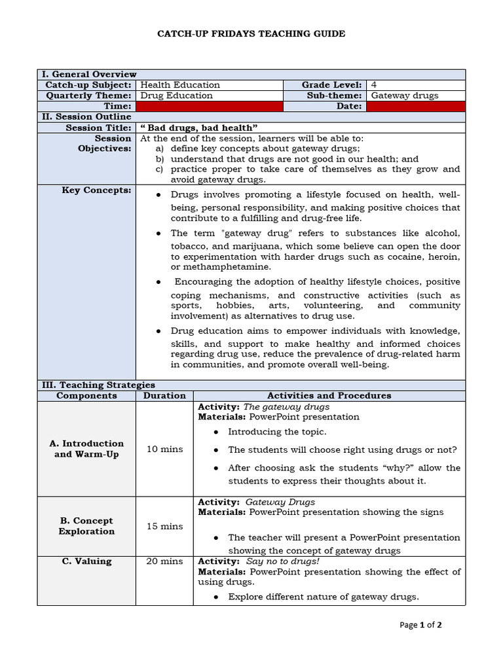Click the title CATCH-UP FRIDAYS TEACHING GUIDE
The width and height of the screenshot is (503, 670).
[251, 33]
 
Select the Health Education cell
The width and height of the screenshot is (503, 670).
[180, 85]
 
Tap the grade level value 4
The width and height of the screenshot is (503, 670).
[374, 85]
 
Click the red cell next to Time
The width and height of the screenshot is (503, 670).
[209, 106]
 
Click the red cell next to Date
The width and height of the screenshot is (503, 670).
[415, 106]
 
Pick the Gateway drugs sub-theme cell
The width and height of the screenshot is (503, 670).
[404, 96]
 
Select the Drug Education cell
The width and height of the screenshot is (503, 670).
[176, 96]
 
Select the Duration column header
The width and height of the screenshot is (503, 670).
[164, 395]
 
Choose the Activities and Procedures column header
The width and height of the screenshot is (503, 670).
[329, 395]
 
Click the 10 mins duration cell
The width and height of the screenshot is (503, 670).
[164, 449]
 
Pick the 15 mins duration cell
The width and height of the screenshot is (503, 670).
[164, 526]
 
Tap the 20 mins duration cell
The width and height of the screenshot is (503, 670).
[164, 561]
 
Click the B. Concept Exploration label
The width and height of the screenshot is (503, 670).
[86, 526]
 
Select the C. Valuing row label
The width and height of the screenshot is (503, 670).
[86, 561]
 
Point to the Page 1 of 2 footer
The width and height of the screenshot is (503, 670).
[420, 625]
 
